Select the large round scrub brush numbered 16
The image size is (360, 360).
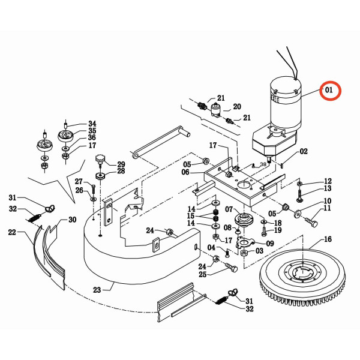click(302, 277)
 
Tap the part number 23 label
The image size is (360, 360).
click(97, 290)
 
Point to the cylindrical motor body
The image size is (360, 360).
click(286, 103)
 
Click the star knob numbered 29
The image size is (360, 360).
click(100, 160)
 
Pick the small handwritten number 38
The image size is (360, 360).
click(263, 164)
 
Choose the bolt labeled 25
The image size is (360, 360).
click(231, 268)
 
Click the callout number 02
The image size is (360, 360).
click(304, 152)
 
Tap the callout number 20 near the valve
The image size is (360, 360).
click(237, 107)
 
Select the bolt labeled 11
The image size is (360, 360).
click(311, 222)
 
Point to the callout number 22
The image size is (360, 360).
click(12, 232)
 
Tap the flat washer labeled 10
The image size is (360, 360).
click(298, 214)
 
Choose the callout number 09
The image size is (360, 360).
click(270, 244)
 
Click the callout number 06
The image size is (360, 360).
click(185, 172)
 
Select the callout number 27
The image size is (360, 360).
click(79, 181)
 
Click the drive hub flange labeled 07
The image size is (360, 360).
click(244, 219)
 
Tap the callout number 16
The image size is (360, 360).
click(328, 239)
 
